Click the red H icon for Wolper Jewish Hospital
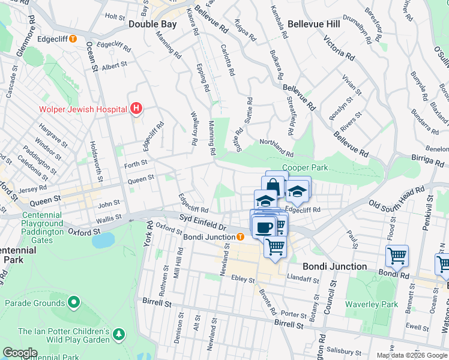click(x=136, y=109)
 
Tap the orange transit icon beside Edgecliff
click(x=73, y=39)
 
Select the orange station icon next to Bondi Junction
click(x=240, y=236)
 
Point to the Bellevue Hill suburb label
click(x=314, y=24)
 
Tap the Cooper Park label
click(x=306, y=167)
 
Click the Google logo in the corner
click(x=19, y=353)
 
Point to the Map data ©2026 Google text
click(x=412, y=355)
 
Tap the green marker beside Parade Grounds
click(x=74, y=301)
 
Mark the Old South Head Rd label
click(x=396, y=197)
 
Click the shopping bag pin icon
click(x=273, y=184)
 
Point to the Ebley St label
click(x=243, y=280)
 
